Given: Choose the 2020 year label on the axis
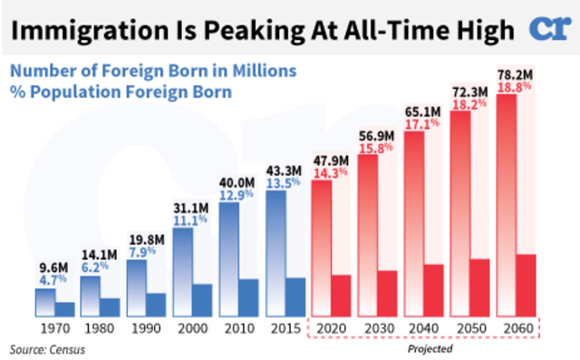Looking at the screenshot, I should click(x=330, y=327).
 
